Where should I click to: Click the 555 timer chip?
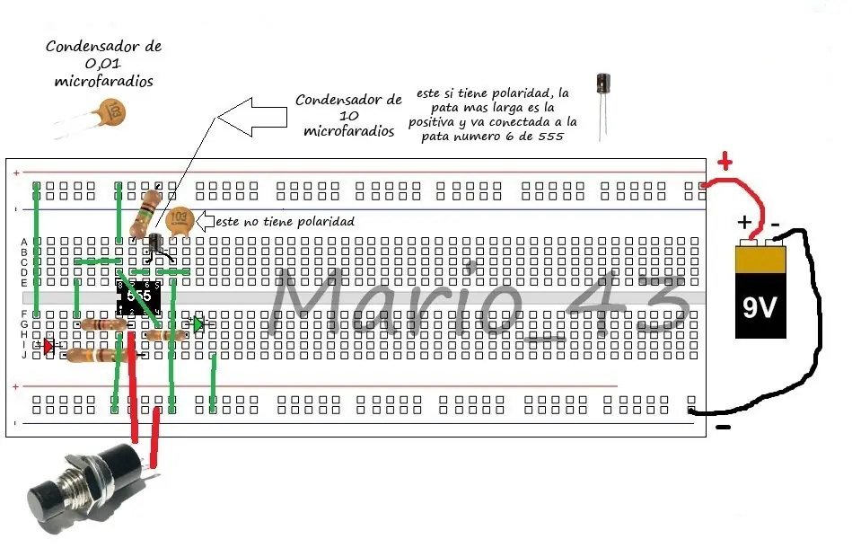[138, 297]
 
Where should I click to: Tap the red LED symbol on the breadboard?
[48, 346]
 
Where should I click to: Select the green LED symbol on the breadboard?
[198, 324]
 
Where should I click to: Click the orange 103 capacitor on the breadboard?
[180, 221]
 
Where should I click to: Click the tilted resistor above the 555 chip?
[146, 214]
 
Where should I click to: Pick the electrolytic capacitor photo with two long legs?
[603, 107]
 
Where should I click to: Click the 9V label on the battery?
[760, 307]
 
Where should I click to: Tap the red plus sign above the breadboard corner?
[725, 162]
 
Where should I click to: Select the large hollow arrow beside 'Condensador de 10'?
[252, 117]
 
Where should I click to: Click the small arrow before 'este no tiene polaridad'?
[205, 221]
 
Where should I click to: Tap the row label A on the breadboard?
[24, 242]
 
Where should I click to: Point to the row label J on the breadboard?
[24, 356]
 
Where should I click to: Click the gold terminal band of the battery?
[760, 260]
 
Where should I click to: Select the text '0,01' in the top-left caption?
[103, 64]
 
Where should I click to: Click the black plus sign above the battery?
[744, 222]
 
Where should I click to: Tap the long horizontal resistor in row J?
[99, 356]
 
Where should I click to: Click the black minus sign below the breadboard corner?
[723, 428]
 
